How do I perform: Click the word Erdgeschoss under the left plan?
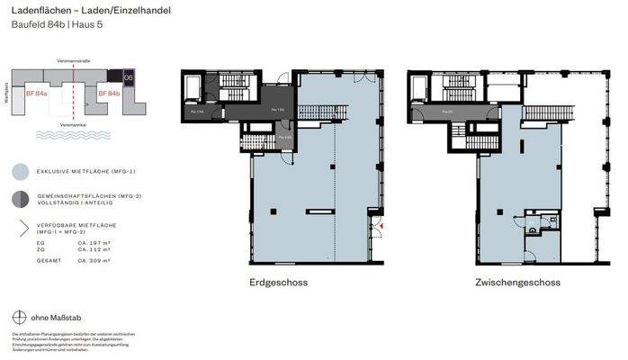[x=278, y=283]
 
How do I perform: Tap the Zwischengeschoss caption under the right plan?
[x=517, y=283]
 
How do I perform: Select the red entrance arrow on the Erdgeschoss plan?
[x=382, y=226]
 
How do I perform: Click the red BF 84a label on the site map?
[x=37, y=93]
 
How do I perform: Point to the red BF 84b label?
[x=109, y=93]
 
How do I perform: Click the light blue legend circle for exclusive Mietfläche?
[x=21, y=170]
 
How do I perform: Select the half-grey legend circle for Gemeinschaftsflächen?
[x=21, y=198]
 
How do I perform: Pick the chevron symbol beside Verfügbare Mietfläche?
[x=22, y=228]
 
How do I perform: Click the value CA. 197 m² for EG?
[x=95, y=243]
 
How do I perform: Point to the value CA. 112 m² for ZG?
[x=95, y=250]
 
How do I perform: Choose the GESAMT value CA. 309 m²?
[x=95, y=261]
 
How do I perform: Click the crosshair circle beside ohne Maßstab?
[x=20, y=317]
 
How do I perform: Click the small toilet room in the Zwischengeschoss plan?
[x=534, y=229]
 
